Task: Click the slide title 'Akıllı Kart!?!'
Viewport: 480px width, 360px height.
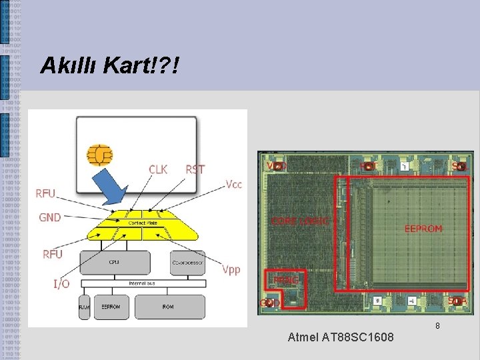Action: point(109,65)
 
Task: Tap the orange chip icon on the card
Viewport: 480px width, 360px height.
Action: point(99,155)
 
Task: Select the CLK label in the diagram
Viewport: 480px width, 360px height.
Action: point(158,169)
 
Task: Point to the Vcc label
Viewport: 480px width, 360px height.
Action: point(233,184)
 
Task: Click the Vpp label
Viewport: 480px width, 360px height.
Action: point(231,269)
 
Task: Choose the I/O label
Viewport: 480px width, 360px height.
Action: point(61,284)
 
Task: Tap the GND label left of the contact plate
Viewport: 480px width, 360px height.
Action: point(50,217)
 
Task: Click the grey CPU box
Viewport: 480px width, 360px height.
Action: point(115,263)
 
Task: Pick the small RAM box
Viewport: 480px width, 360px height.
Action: point(84,307)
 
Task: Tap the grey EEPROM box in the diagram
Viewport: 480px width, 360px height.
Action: point(111,307)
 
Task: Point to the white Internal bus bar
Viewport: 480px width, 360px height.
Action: point(142,284)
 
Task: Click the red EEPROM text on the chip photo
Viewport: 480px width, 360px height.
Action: point(423,229)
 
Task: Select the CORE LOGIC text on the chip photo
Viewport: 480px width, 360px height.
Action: point(300,221)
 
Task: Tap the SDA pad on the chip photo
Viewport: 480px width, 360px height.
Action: point(457,301)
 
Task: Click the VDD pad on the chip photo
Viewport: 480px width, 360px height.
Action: point(277,165)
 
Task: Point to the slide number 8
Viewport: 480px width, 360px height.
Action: point(437,326)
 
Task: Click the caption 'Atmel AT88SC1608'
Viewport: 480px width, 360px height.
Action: point(340,338)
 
